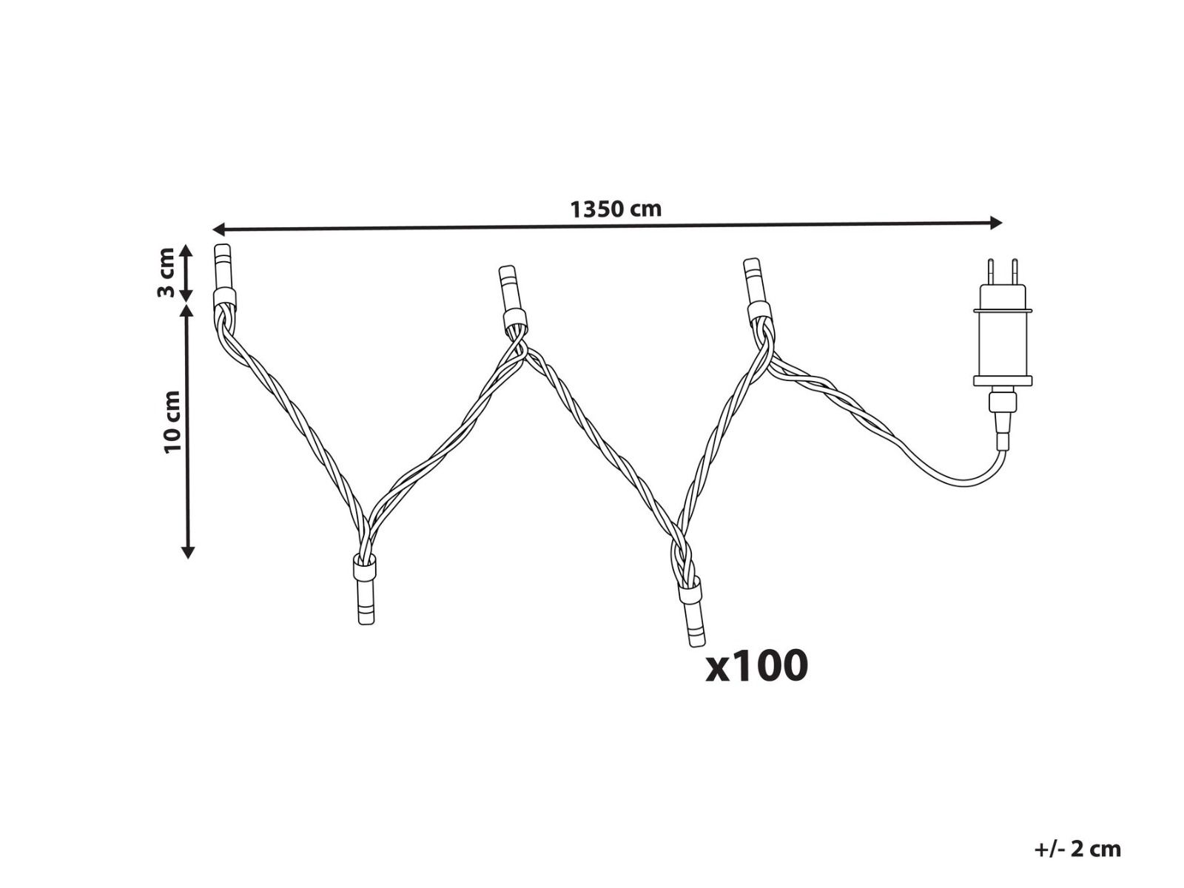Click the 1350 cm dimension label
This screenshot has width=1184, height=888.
point(616,209)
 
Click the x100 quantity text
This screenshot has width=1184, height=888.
point(757,666)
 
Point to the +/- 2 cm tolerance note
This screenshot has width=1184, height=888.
point(1077,850)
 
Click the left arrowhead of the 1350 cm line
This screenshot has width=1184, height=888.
point(218,229)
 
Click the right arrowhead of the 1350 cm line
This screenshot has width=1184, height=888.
point(996,223)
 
